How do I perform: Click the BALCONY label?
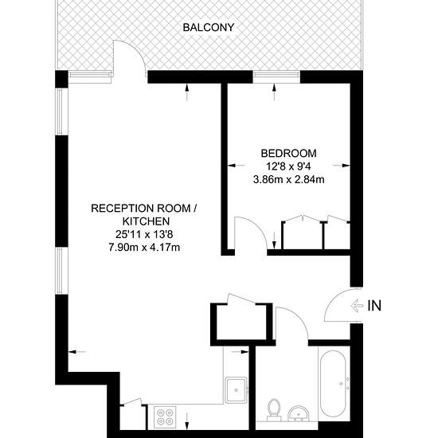coord(208,27)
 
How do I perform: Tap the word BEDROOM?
coord(288,154)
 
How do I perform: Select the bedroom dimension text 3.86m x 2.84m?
coord(288,179)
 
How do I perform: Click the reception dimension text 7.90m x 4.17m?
coord(144,247)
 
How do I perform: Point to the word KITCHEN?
coord(146,221)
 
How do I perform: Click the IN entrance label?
coord(374,306)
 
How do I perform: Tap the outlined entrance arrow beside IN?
coord(357,306)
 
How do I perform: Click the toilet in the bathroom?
coord(273,410)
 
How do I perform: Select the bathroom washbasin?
coord(298,413)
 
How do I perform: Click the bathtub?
coord(333,384)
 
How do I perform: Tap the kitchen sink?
coord(237,390)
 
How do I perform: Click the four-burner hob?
coord(165,416)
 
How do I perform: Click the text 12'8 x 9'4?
coord(288,166)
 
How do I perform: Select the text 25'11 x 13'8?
coord(144,234)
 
